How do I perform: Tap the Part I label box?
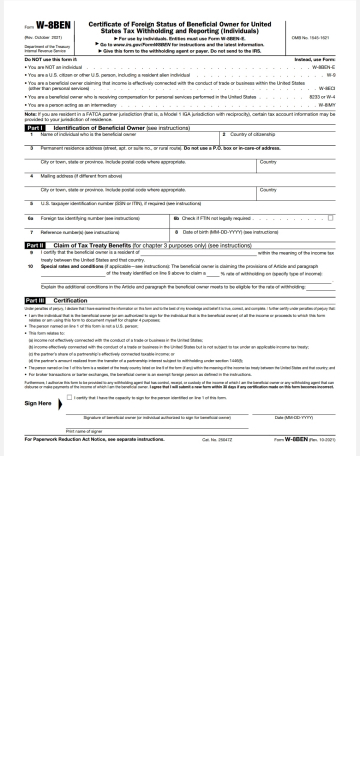[35, 127]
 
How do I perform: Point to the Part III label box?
[35, 297]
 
